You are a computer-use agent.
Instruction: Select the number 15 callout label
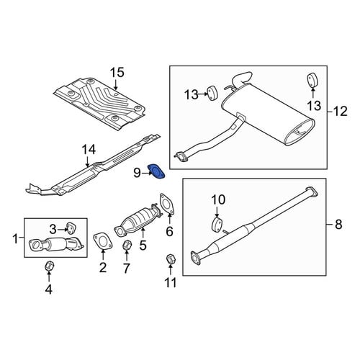click(x=117, y=73)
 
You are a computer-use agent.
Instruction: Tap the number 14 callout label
click(x=89, y=150)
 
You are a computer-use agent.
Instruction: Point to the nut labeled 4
click(x=50, y=266)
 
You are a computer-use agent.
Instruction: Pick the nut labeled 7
click(x=127, y=246)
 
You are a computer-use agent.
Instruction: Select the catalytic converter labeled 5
click(x=138, y=219)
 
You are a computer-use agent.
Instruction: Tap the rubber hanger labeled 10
click(x=217, y=225)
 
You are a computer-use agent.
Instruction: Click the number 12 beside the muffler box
click(x=341, y=112)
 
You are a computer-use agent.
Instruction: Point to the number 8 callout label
click(x=338, y=225)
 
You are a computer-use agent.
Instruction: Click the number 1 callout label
click(x=15, y=239)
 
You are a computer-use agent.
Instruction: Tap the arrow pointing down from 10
click(x=217, y=212)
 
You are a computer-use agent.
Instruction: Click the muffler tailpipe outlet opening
click(x=299, y=132)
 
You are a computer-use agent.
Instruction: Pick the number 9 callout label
click(x=137, y=173)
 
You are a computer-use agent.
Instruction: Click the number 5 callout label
click(x=143, y=246)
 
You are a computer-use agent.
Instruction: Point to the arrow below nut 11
click(x=171, y=270)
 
